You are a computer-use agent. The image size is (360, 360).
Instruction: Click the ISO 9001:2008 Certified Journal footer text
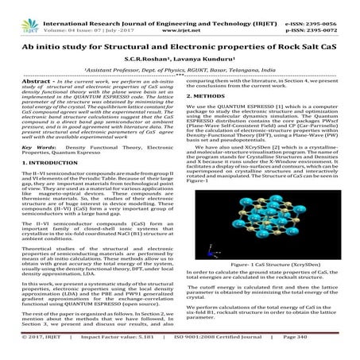(x=233, y=347)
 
